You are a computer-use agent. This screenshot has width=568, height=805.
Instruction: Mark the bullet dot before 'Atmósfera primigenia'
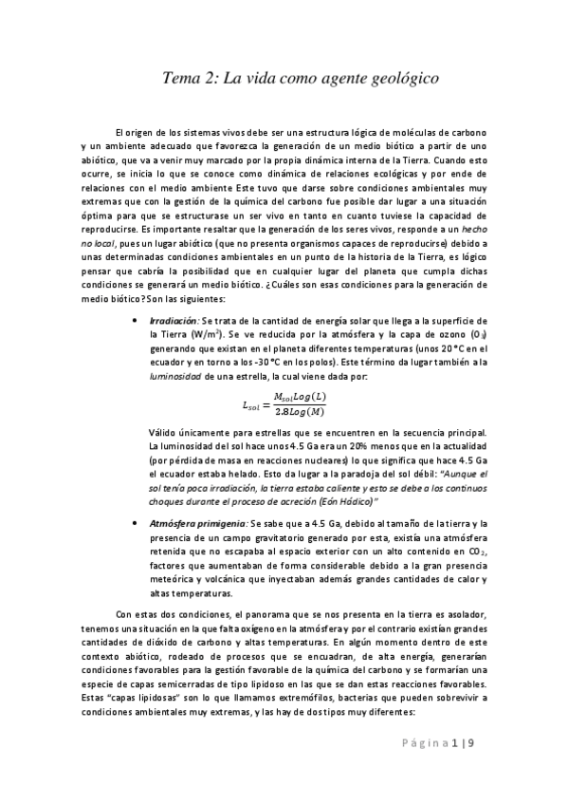139,523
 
